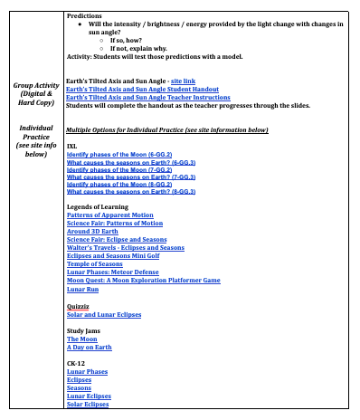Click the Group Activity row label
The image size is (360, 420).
point(33,90)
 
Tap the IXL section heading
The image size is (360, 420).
point(72,146)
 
